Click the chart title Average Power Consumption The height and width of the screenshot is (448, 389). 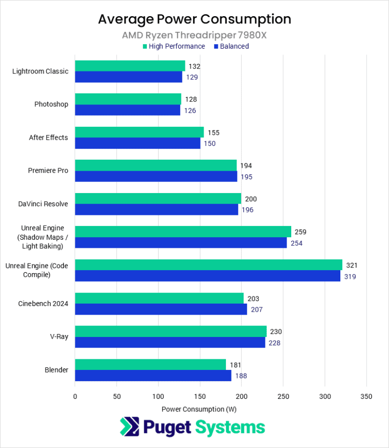pyautogui.click(x=194, y=19)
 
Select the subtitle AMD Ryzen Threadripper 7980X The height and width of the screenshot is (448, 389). pyautogui.click(x=194, y=35)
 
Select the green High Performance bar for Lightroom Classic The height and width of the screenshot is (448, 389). pyautogui.click(x=130, y=66)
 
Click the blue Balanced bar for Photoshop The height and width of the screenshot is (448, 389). pyautogui.click(x=128, y=110)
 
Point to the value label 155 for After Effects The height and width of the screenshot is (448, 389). pyautogui.click(x=213, y=133)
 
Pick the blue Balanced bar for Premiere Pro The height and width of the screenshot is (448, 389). pyautogui.click(x=156, y=176)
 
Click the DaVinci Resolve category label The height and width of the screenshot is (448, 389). pyautogui.click(x=44, y=204)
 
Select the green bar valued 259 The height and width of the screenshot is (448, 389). pyautogui.click(x=183, y=232)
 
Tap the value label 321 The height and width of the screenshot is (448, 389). pyautogui.click(x=353, y=265)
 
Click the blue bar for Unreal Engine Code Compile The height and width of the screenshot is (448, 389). pyautogui.click(x=208, y=276)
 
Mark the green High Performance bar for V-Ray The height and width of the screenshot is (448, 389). pyautogui.click(x=171, y=331)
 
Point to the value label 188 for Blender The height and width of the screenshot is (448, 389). pyautogui.click(x=241, y=376)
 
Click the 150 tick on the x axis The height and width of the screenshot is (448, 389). pyautogui.click(x=200, y=396)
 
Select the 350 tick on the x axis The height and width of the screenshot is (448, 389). pyautogui.click(x=367, y=396)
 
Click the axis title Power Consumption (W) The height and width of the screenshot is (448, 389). pyautogui.click(x=199, y=408)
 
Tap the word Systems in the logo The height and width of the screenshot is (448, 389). pyautogui.click(x=230, y=427)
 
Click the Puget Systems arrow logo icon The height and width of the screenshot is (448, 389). pyautogui.click(x=129, y=427)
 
